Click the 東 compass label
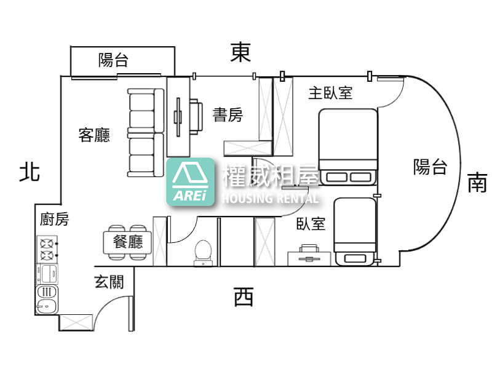pos(240,52)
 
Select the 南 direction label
pos(477,182)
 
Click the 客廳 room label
pos(94,135)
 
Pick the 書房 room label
pos(228,114)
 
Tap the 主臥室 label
pos(330,93)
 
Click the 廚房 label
pos(54,219)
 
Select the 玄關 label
pos(109,282)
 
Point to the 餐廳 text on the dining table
pos(128,242)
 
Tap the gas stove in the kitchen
pos(47,249)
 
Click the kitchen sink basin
pos(47,305)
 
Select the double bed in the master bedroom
pos(348,147)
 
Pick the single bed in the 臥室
pos(355,232)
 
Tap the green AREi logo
pos(191,182)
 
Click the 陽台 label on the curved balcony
pos(430,166)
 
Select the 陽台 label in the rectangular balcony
pos(113,60)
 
